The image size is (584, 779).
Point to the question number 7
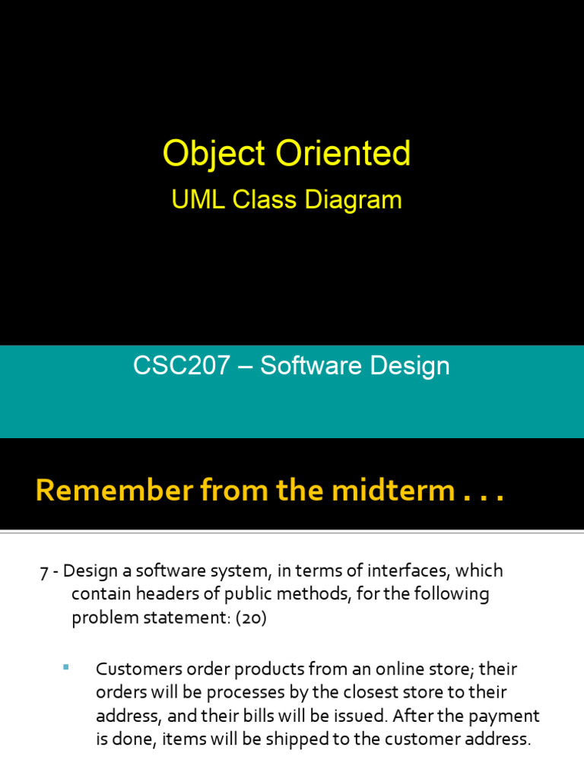point(43,571)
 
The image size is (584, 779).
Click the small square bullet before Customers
point(65,667)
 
